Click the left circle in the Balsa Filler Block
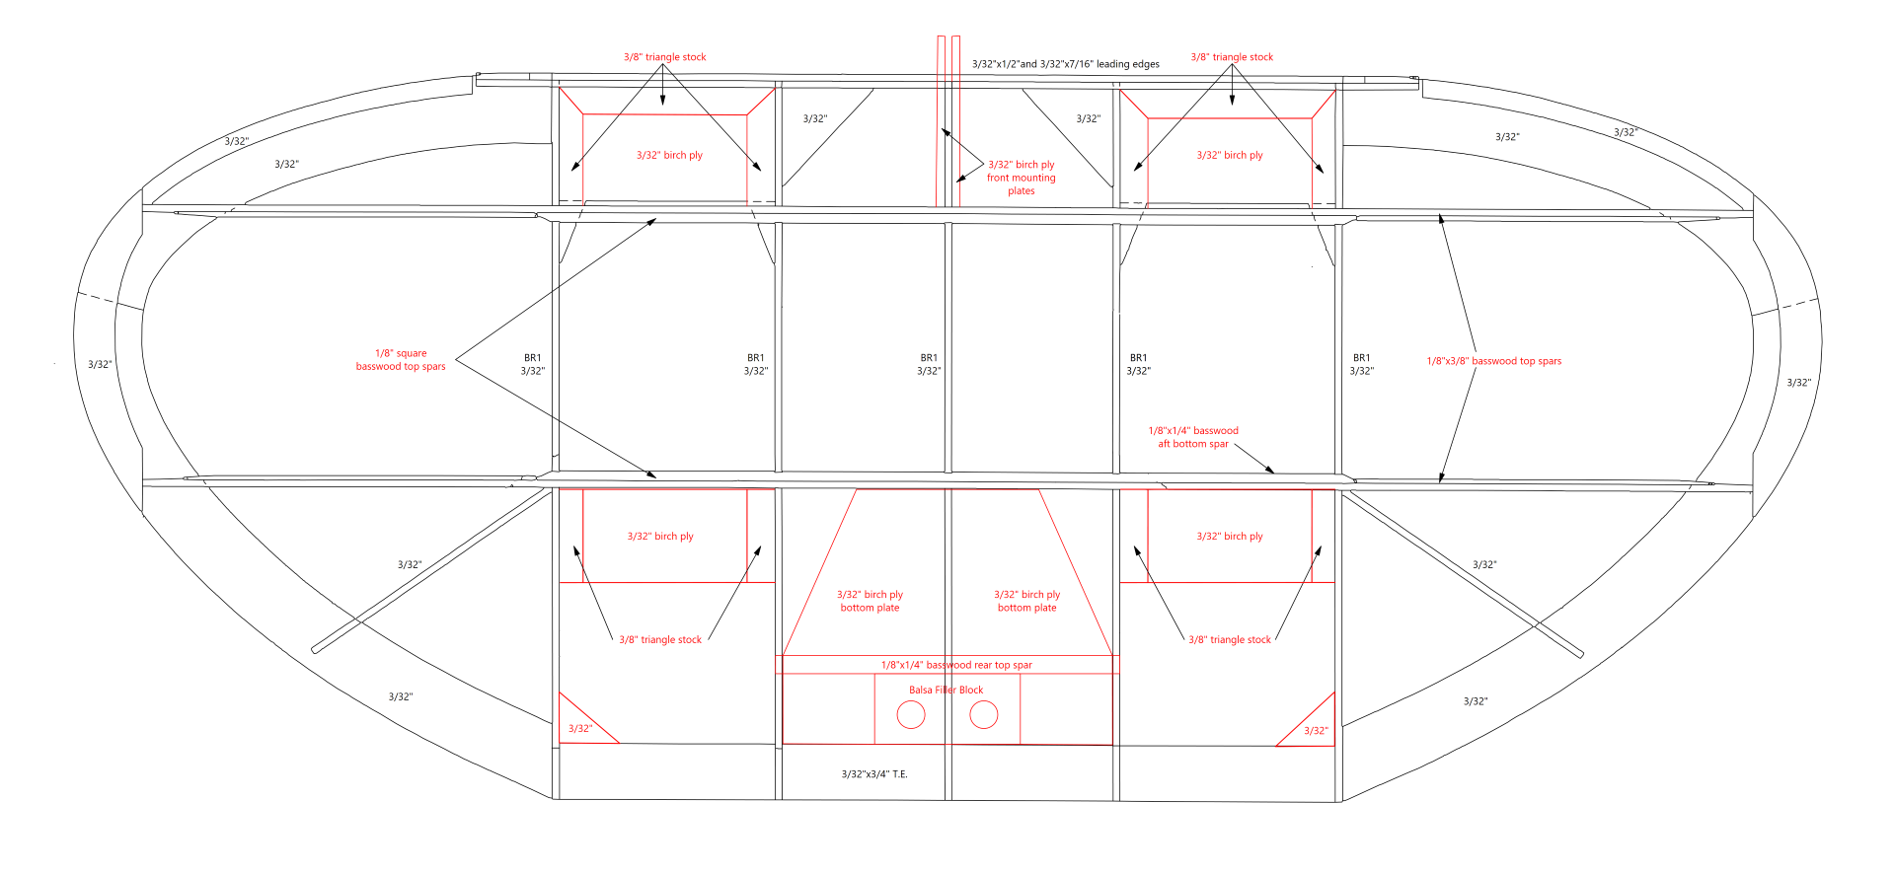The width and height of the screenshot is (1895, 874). point(911,714)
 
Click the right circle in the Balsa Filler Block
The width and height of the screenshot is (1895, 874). point(984,714)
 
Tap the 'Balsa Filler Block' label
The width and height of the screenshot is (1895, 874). point(946,691)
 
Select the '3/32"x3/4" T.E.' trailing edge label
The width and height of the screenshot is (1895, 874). point(874,774)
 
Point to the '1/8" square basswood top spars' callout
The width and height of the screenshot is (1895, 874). point(401,360)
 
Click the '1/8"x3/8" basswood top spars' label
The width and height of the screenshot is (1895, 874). point(1494,361)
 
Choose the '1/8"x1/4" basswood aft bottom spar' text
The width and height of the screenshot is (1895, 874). point(1193,437)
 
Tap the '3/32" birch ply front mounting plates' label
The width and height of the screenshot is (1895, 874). point(1022,178)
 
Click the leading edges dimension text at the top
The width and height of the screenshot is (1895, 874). point(1066,64)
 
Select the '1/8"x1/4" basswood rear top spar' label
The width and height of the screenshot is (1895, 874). point(956,665)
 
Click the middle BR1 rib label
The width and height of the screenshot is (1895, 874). point(929,364)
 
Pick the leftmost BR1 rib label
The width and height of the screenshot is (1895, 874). point(533,364)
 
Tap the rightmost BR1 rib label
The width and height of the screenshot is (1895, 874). point(1361,364)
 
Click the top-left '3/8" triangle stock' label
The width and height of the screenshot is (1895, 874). point(665,57)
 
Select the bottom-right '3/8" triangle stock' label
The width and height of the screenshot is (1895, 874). point(1230,640)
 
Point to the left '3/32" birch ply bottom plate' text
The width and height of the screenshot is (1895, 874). point(870,601)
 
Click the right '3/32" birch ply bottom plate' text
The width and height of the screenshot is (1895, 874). point(1026,601)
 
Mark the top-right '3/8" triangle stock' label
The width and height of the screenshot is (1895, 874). point(1232,57)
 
